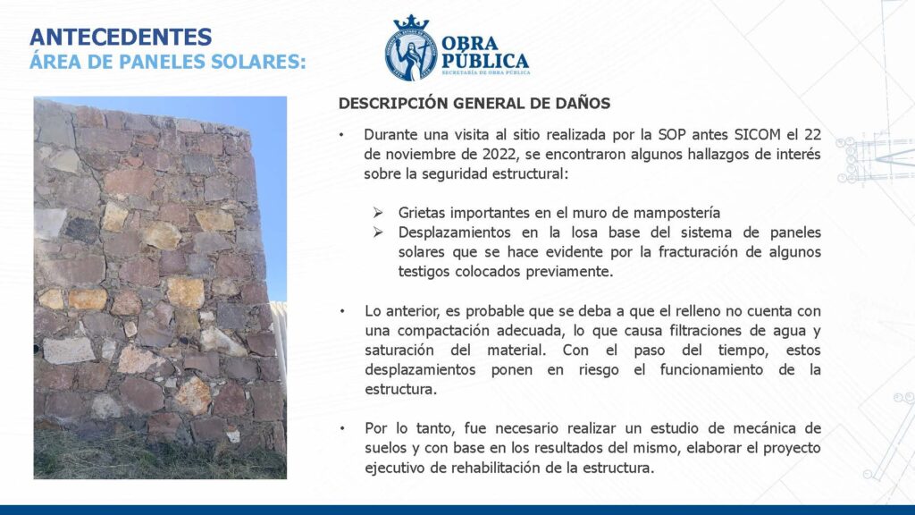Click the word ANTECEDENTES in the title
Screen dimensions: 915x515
pyautogui.click(x=121, y=37)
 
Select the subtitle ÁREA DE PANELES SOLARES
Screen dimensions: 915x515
pyautogui.click(x=168, y=62)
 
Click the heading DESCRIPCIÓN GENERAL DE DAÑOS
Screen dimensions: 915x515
pyautogui.click(x=474, y=104)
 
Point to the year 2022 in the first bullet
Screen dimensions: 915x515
pyautogui.click(x=499, y=154)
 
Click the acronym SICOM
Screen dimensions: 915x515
pyautogui.click(x=758, y=134)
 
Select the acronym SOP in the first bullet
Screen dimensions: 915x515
pyautogui.click(x=672, y=134)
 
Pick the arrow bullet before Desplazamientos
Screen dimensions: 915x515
pyautogui.click(x=378, y=232)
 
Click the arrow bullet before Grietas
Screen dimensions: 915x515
pyautogui.click(x=378, y=213)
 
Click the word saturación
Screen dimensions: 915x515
pyautogui.click(x=399, y=350)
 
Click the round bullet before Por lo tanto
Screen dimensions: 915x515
pyautogui.click(x=342, y=428)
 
